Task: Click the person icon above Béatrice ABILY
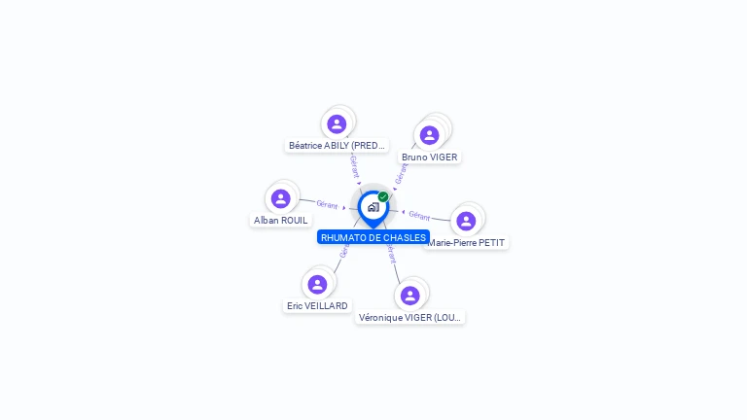pos(337,123)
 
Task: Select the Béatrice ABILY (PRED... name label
pos(338,146)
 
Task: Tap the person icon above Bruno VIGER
pos(430,135)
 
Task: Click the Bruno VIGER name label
pos(429,157)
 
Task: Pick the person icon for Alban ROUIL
pos(281,198)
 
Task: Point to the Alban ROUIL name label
pos(281,221)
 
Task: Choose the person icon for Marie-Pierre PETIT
pos(466,221)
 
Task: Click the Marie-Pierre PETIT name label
pos(468,243)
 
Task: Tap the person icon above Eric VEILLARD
pos(317,284)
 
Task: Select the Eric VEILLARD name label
pos(317,306)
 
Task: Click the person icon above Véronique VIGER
pos(409,295)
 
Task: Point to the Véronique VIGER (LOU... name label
pos(409,317)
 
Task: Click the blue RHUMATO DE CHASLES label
pos(373,237)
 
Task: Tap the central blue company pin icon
pos(373,207)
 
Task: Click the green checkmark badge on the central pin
pos(383,197)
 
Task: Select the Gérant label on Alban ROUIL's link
pos(327,204)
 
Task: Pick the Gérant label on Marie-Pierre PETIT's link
pos(419,215)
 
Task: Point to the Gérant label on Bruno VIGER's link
pos(401,172)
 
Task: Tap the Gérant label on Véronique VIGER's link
pos(391,255)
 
